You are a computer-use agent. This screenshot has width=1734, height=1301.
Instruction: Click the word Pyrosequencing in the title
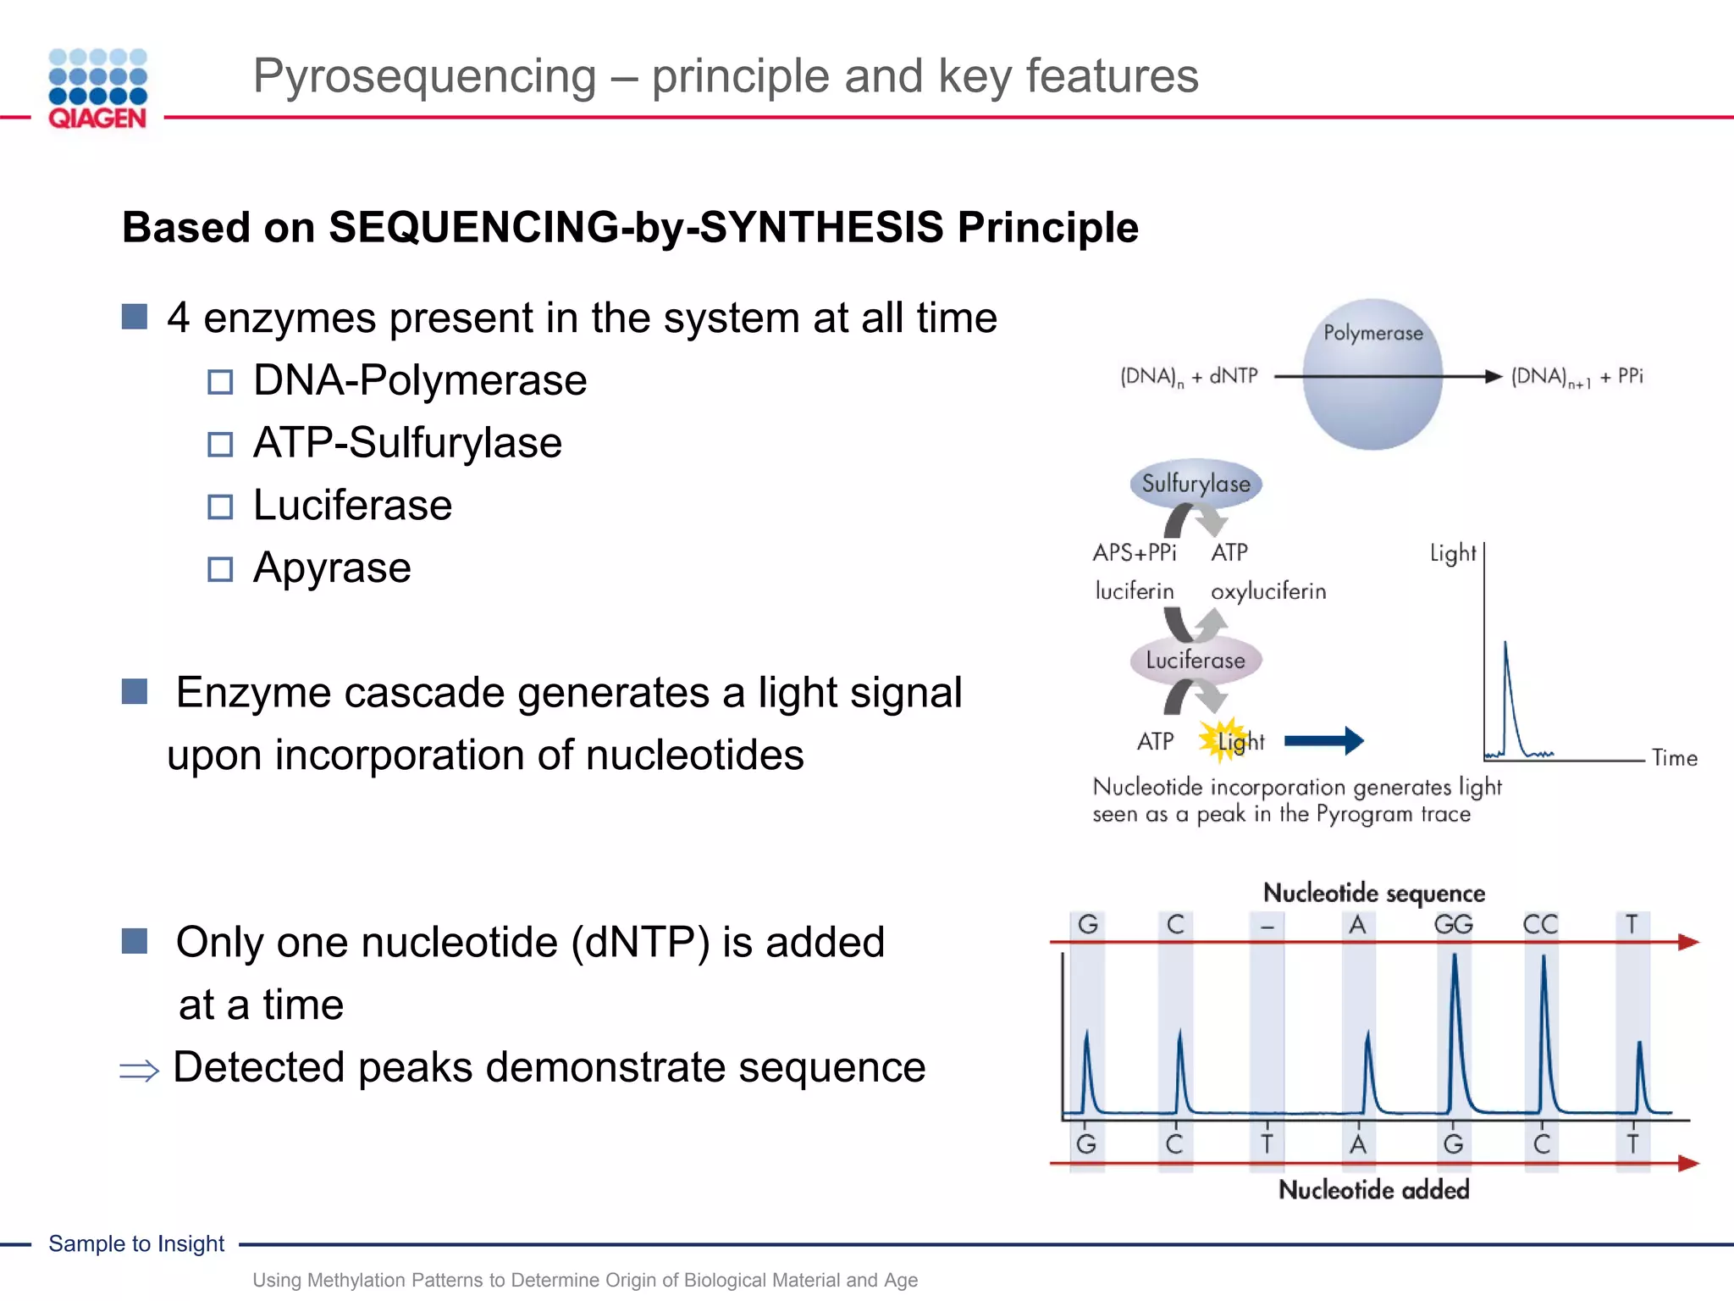[424, 76]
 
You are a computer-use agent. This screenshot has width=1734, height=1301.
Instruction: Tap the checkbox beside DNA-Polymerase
[220, 382]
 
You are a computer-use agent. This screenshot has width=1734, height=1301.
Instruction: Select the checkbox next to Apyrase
[220, 569]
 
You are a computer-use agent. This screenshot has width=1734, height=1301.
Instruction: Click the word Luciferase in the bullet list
[352, 506]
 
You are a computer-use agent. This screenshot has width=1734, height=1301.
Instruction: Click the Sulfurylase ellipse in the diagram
[1196, 484]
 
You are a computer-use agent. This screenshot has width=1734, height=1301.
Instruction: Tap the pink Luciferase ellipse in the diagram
[1196, 660]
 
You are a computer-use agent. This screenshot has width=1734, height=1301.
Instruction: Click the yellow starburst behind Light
[1221, 739]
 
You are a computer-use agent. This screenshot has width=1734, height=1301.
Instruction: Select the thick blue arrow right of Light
[1323, 741]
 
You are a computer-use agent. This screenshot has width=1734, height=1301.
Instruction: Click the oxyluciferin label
[1267, 591]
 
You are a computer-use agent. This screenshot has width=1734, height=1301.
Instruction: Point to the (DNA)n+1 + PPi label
[1577, 376]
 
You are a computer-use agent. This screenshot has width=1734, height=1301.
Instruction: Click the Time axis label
[1674, 758]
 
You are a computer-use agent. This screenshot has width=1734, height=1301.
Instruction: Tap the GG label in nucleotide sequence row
[1453, 924]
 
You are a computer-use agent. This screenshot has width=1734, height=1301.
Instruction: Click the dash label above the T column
[1267, 927]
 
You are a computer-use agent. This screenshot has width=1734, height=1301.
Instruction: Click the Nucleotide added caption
[1373, 1190]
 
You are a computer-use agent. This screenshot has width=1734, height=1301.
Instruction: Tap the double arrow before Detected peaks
[139, 1071]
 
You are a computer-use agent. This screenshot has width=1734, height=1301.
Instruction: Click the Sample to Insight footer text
[136, 1243]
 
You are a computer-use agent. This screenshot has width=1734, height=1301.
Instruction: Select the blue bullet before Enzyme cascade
[135, 692]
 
